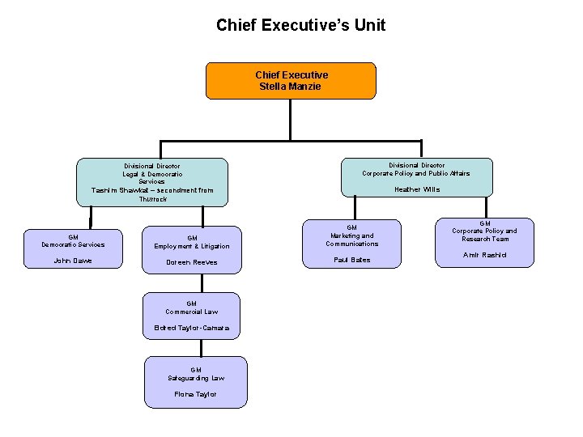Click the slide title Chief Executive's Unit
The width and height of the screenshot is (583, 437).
[x=300, y=25]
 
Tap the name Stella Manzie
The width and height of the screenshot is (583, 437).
[x=291, y=86]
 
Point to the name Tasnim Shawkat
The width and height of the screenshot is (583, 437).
[x=121, y=190]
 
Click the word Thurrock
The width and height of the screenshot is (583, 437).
[x=152, y=199]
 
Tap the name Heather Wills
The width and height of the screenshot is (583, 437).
[x=417, y=189]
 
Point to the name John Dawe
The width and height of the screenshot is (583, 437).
[x=73, y=261]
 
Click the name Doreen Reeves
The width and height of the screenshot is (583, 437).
[x=192, y=262]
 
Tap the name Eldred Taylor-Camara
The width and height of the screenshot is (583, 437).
[x=192, y=328]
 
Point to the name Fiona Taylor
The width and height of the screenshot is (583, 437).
[x=196, y=394]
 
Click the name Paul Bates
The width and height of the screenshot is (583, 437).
[x=351, y=260]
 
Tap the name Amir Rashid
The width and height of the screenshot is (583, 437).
[x=484, y=255]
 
